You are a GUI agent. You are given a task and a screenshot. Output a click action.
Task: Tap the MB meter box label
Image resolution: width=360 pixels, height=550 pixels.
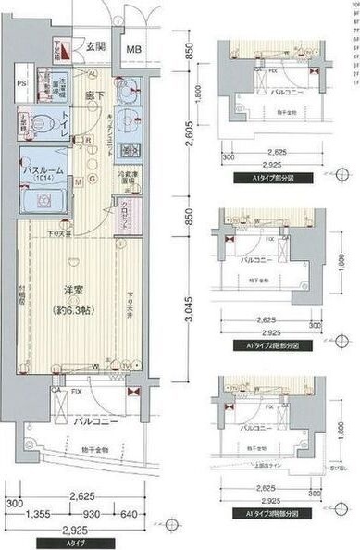tap(135, 50)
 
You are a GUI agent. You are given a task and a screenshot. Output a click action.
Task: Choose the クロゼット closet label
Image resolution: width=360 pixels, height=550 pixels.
tap(129, 210)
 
